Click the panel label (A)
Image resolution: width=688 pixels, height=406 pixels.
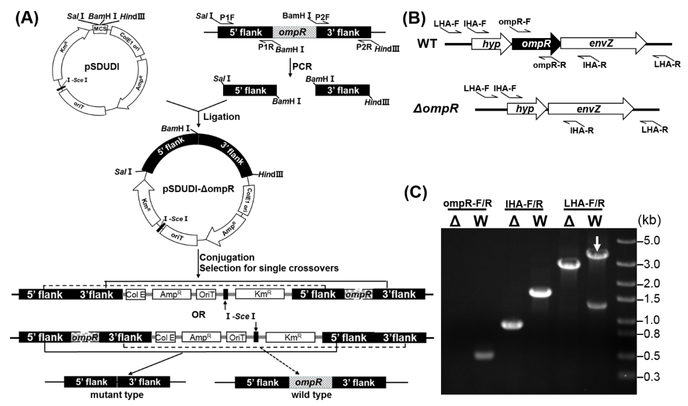point(27,19)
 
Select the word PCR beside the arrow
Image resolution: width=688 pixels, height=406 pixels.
point(302,67)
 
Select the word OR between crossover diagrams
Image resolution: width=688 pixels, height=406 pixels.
point(198,315)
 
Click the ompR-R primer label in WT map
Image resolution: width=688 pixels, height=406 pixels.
point(549,65)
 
